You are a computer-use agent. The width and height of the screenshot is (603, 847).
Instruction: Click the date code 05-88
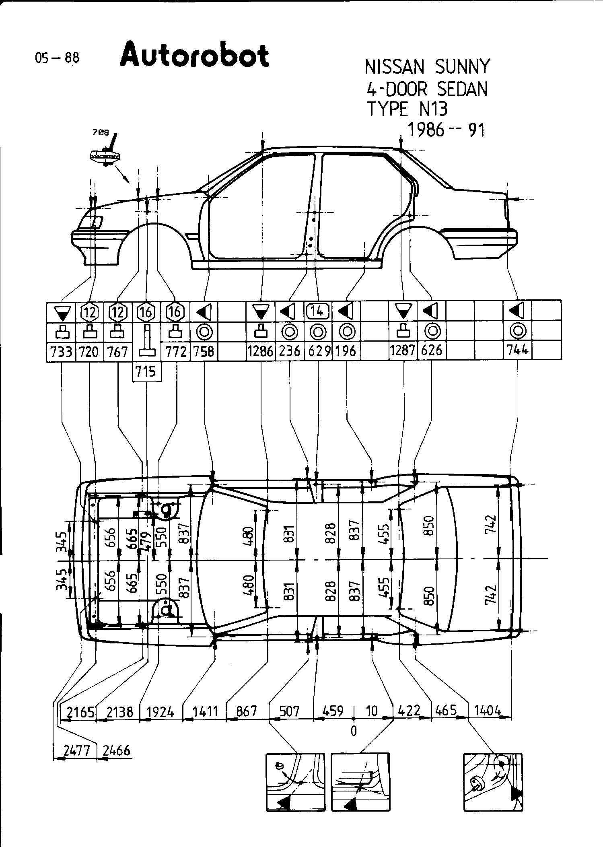coord(57,58)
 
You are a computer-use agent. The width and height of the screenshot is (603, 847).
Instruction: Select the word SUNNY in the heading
coord(462,67)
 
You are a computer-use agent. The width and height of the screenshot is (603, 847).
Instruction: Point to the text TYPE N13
coord(407,109)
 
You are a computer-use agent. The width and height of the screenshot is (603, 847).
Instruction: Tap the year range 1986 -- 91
coord(446,130)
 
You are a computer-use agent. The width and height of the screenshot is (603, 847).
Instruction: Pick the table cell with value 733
coord(62,352)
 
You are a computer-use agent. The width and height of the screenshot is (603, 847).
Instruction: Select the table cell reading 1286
coord(260,351)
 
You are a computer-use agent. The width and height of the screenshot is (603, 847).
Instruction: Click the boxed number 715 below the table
coord(146,371)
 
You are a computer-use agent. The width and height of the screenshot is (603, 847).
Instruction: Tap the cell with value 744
coord(517,350)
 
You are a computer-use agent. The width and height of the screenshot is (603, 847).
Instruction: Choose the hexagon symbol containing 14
coord(317,311)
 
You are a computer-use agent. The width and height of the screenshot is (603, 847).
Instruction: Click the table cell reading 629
coord(319,351)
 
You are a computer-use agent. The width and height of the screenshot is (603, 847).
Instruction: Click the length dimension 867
coord(247,711)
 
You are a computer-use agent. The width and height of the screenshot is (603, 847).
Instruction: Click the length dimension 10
coord(372,711)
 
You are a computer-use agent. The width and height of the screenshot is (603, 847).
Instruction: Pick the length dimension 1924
coord(161,712)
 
